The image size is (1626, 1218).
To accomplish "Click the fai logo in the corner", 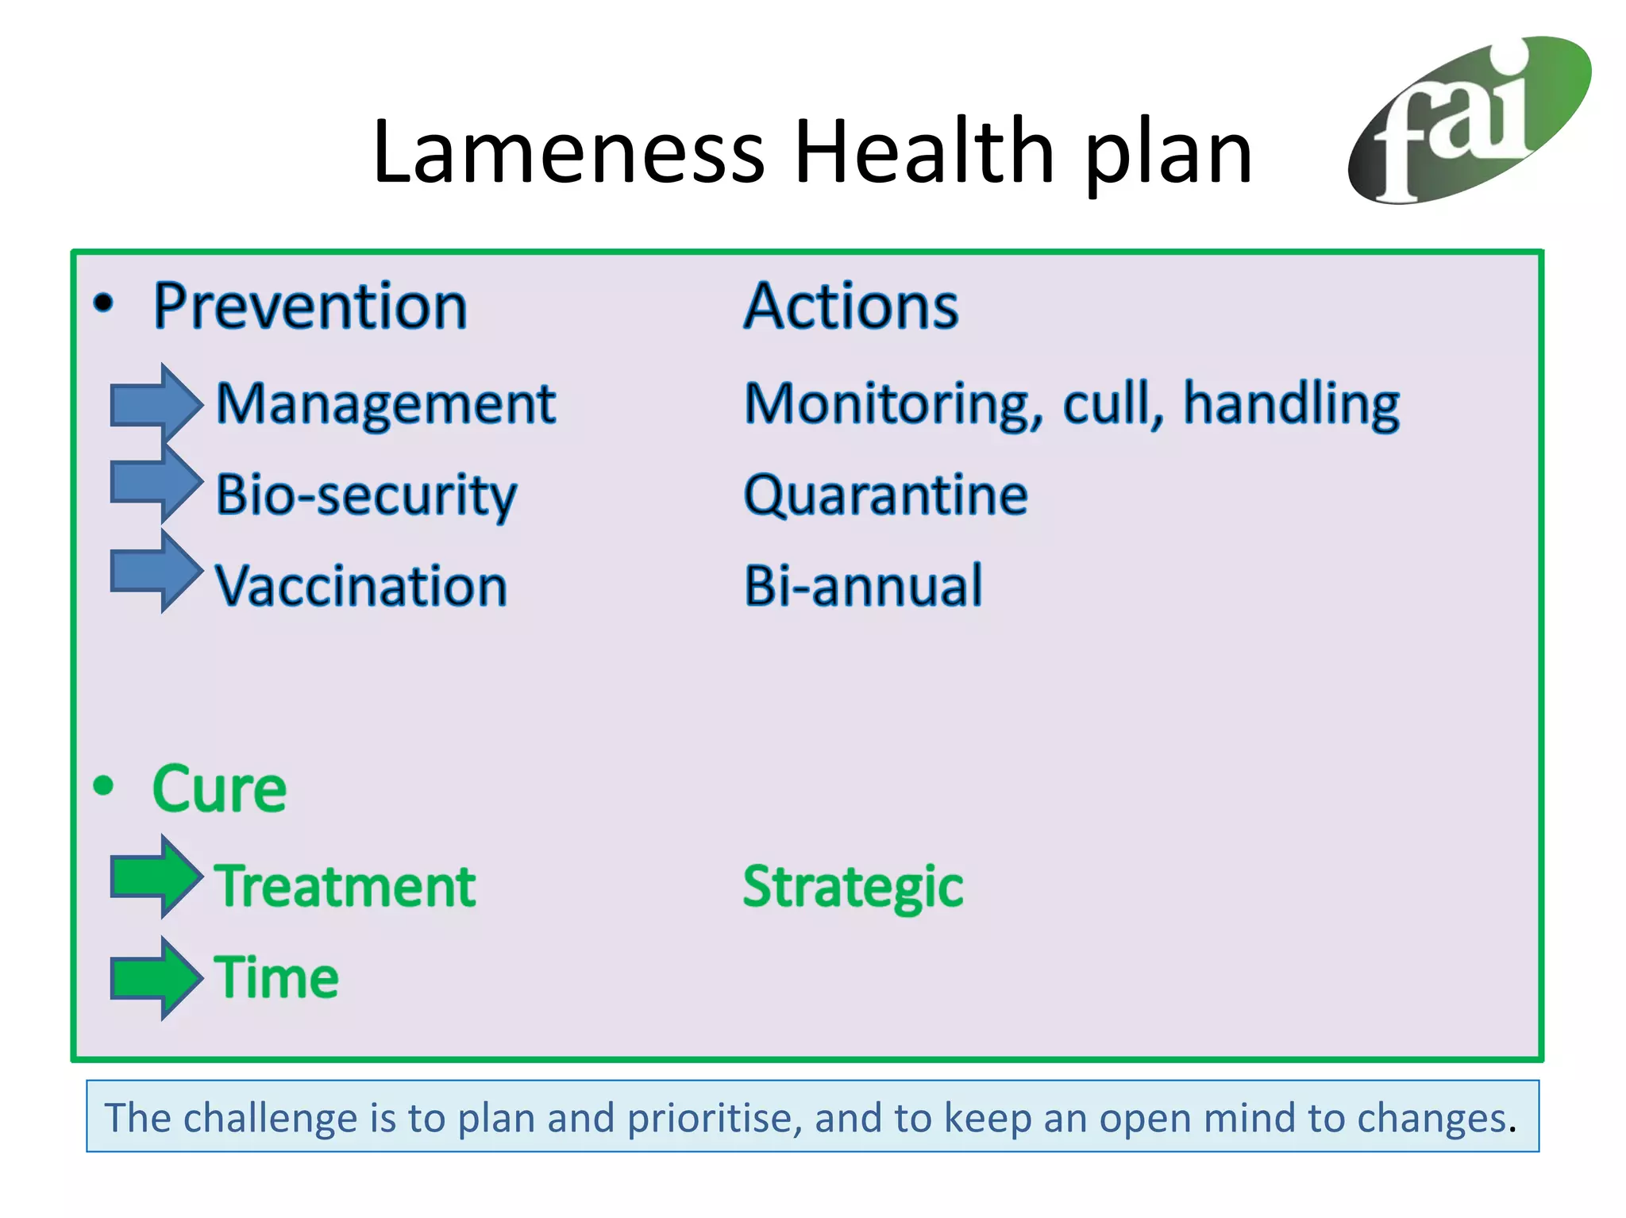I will tap(1469, 119).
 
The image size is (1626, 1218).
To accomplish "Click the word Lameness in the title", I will tap(568, 151).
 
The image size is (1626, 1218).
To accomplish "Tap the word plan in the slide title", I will tap(1167, 155).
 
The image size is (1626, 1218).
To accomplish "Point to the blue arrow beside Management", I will tap(155, 403).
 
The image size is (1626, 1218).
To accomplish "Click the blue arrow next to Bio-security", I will tap(155, 483).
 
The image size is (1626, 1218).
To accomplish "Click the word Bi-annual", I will tap(863, 586).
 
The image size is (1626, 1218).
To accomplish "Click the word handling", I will tap(1291, 405).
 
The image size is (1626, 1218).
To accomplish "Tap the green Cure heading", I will tap(219, 789).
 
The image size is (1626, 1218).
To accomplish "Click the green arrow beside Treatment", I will tap(155, 877).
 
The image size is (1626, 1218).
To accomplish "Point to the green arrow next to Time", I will tap(155, 977).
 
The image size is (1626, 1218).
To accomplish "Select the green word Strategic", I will tap(853, 886).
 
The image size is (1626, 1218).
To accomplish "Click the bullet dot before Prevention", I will tap(104, 303).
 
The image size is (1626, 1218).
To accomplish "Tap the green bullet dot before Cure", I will tap(104, 786).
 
